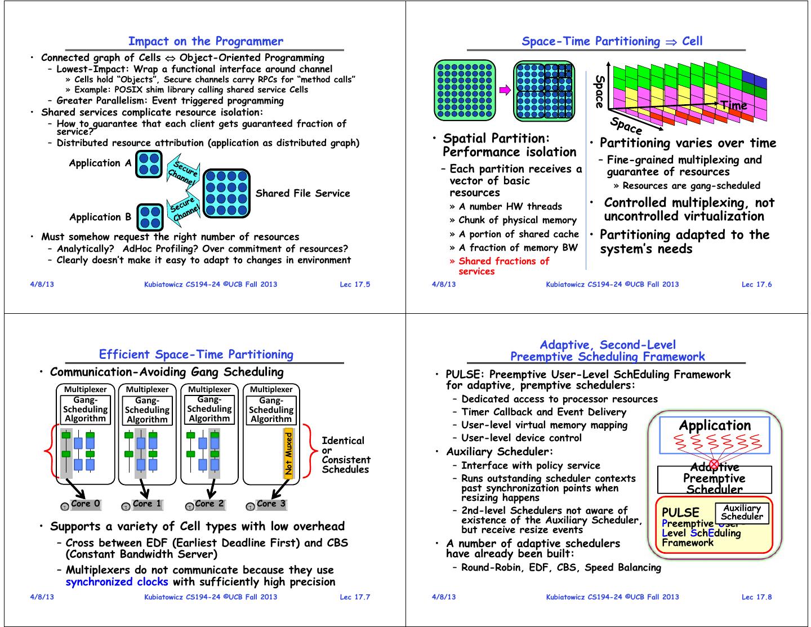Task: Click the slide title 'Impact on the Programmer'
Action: pyautogui.click(x=206, y=41)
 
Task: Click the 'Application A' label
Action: pyautogui.click(x=100, y=163)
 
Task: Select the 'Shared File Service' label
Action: pyautogui.click(x=302, y=193)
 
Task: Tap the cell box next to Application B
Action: pyautogui.click(x=150, y=219)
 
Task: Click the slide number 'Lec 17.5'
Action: pyautogui.click(x=355, y=284)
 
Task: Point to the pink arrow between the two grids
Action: pyautogui.click(x=505, y=89)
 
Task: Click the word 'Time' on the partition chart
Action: pyautogui.click(x=733, y=105)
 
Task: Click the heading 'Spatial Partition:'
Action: pyautogui.click(x=496, y=139)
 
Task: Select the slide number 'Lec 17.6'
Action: pyautogui.click(x=756, y=284)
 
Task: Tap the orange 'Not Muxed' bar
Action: pyautogui.click(x=289, y=455)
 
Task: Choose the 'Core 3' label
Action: pyautogui.click(x=271, y=504)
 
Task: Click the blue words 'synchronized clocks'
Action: pyautogui.click(x=117, y=582)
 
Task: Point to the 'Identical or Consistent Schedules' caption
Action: pyautogui.click(x=345, y=455)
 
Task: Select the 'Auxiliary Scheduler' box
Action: pyautogui.click(x=742, y=513)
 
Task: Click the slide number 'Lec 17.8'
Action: pyautogui.click(x=756, y=597)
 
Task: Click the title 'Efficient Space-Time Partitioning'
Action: pyautogui.click(x=196, y=354)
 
